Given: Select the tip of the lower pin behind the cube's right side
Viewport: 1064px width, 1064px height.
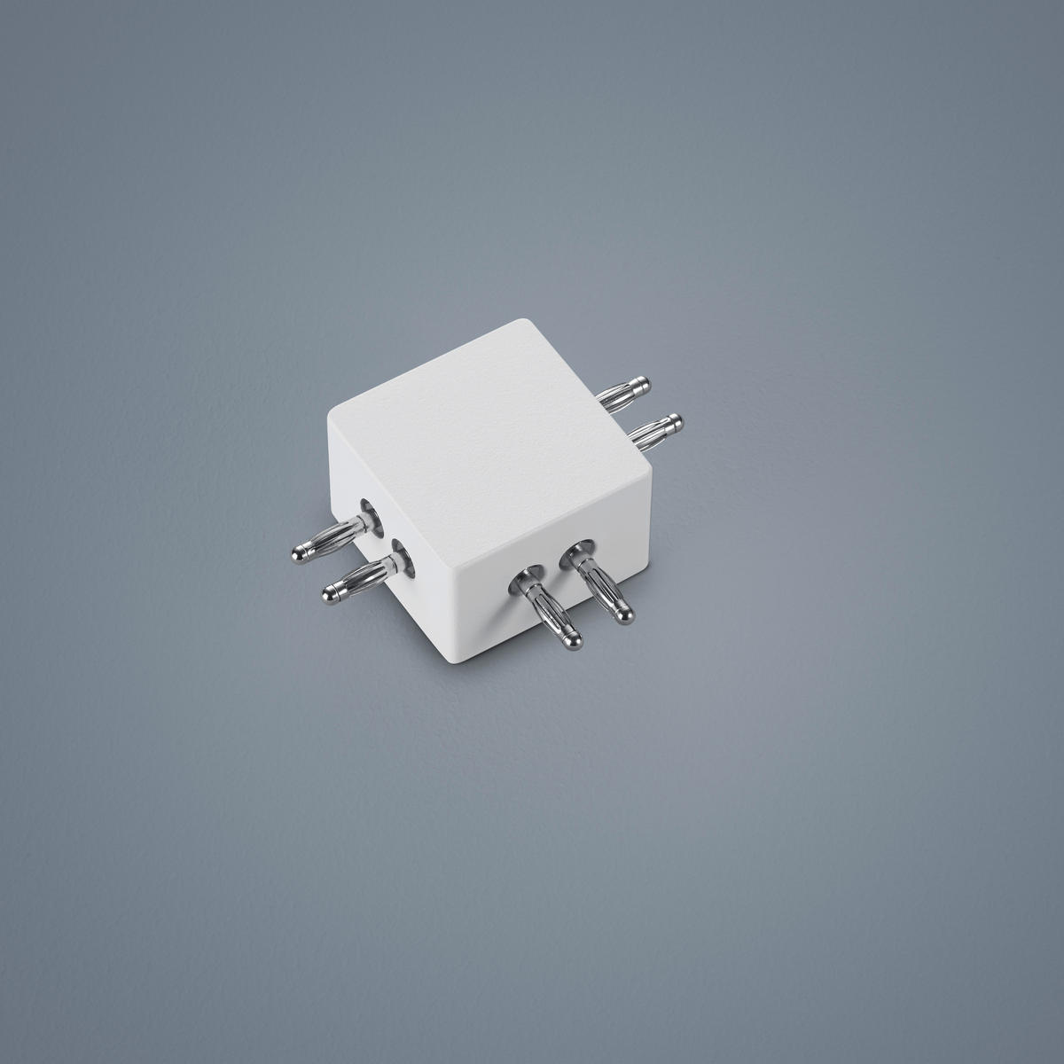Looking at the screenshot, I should [x=676, y=419].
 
